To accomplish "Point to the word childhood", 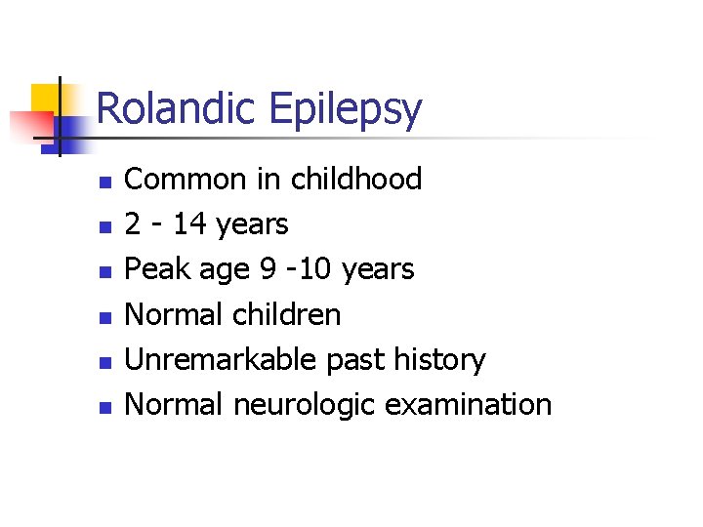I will click(x=355, y=180).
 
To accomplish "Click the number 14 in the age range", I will click(x=189, y=224).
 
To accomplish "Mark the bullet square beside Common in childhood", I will click(x=106, y=182).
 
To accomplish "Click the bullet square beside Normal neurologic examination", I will click(x=106, y=406).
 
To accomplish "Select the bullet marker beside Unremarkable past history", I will click(x=106, y=361).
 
